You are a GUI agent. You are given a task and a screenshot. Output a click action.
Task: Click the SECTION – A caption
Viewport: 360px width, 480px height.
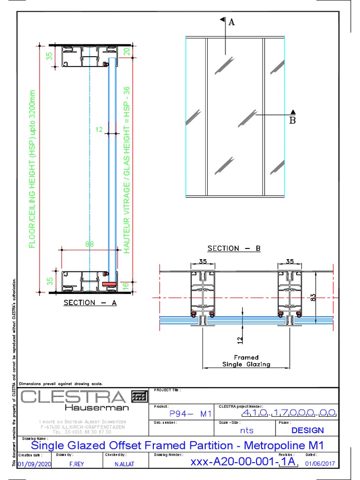(x=90, y=303)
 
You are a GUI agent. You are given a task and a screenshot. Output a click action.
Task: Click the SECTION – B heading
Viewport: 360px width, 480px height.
(x=233, y=248)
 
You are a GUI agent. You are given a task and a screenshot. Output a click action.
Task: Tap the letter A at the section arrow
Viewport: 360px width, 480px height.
(x=231, y=22)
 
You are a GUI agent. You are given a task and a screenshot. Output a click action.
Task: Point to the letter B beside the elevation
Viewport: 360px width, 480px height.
(x=293, y=120)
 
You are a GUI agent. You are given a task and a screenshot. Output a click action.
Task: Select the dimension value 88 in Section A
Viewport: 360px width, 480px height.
(x=90, y=244)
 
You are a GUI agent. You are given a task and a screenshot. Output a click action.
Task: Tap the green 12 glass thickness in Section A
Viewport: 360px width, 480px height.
(x=99, y=129)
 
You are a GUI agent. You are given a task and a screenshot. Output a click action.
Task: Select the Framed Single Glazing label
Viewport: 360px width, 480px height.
(x=246, y=360)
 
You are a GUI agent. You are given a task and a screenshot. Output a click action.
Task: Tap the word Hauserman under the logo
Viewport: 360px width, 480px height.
(x=97, y=408)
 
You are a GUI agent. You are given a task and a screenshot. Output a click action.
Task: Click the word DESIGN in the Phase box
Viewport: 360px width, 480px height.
(x=307, y=430)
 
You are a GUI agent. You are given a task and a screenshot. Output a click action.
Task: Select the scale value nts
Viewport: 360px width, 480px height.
(x=247, y=430)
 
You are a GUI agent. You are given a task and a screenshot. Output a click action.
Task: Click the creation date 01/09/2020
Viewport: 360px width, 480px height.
(x=34, y=464)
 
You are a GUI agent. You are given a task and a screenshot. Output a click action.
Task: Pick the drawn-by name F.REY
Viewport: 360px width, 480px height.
(x=76, y=464)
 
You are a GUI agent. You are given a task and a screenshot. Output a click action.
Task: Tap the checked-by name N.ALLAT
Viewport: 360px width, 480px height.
(x=124, y=464)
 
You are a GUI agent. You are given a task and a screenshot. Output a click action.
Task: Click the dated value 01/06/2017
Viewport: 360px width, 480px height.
(x=321, y=464)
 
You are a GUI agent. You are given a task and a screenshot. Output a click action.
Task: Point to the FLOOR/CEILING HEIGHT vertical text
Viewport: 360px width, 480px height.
(x=32, y=169)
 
